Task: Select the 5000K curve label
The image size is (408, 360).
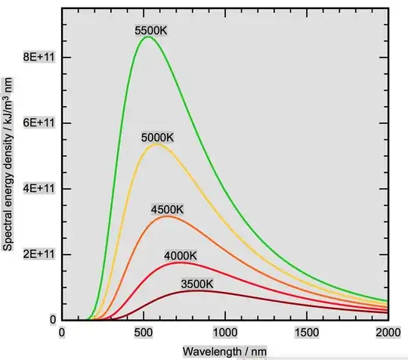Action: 159,138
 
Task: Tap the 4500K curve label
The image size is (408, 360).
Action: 166,209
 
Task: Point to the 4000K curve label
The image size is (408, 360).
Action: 182,256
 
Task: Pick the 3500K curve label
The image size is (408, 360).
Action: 197,284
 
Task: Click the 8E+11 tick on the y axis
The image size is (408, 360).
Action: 35,57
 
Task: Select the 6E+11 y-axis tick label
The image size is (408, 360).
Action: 35,123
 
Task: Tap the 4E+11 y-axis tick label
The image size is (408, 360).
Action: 35,188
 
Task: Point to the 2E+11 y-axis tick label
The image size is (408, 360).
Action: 35,254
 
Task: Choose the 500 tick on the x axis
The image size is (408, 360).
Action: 144,333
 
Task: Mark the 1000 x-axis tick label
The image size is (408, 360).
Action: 224,333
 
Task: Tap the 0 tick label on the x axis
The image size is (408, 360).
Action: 63,333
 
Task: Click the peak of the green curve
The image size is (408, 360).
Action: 147,36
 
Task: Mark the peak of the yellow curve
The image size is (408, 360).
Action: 156,144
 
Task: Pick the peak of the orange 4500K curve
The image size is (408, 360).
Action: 166,216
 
